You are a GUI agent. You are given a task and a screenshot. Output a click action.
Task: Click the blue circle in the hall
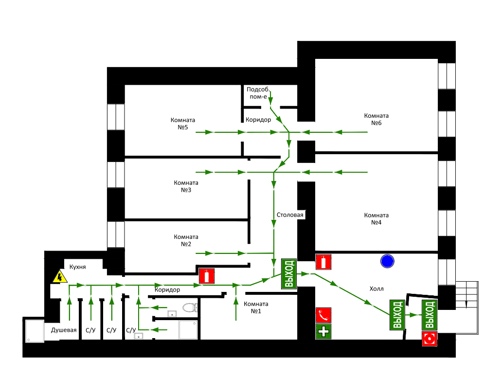click(x=387, y=261)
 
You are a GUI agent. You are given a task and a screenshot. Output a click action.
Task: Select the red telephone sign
click(x=323, y=315)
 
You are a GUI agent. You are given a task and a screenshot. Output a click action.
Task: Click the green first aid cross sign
click(x=323, y=331)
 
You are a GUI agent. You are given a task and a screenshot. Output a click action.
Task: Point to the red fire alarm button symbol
click(x=430, y=339)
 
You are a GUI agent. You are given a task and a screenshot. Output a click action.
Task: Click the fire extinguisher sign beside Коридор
click(x=207, y=276)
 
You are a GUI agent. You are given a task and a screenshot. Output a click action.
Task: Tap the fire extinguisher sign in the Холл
click(x=323, y=262)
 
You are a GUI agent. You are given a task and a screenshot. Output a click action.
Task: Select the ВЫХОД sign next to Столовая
click(x=289, y=274)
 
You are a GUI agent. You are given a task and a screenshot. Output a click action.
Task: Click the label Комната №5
click(x=183, y=124)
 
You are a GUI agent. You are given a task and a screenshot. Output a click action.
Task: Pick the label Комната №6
click(x=376, y=119)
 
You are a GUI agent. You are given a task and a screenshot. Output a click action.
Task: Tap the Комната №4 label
click(x=376, y=219)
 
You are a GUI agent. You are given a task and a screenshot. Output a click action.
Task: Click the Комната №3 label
click(x=186, y=186)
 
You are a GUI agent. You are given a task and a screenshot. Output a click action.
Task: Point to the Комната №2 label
click(x=186, y=240)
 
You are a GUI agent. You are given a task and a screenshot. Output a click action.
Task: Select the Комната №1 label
click(x=256, y=307)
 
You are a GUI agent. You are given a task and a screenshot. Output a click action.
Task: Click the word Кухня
click(x=77, y=267)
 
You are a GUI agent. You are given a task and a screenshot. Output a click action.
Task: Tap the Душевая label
click(x=64, y=330)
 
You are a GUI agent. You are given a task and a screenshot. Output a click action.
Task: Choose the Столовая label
click(x=290, y=215)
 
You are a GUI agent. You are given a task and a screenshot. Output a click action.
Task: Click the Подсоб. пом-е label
click(x=258, y=93)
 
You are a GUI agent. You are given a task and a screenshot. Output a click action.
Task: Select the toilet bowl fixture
click(x=190, y=307)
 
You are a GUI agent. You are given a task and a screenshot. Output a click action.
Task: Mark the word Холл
click(x=376, y=289)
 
